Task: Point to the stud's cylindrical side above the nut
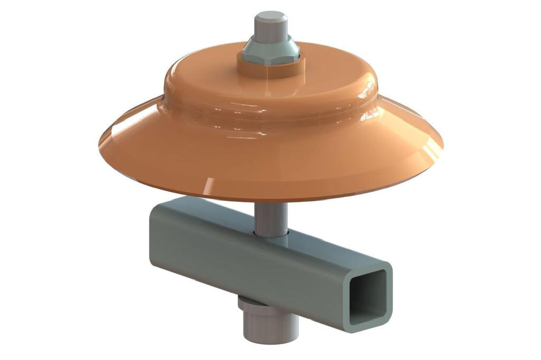coord(270,29)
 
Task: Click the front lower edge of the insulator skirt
coord(270,199)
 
